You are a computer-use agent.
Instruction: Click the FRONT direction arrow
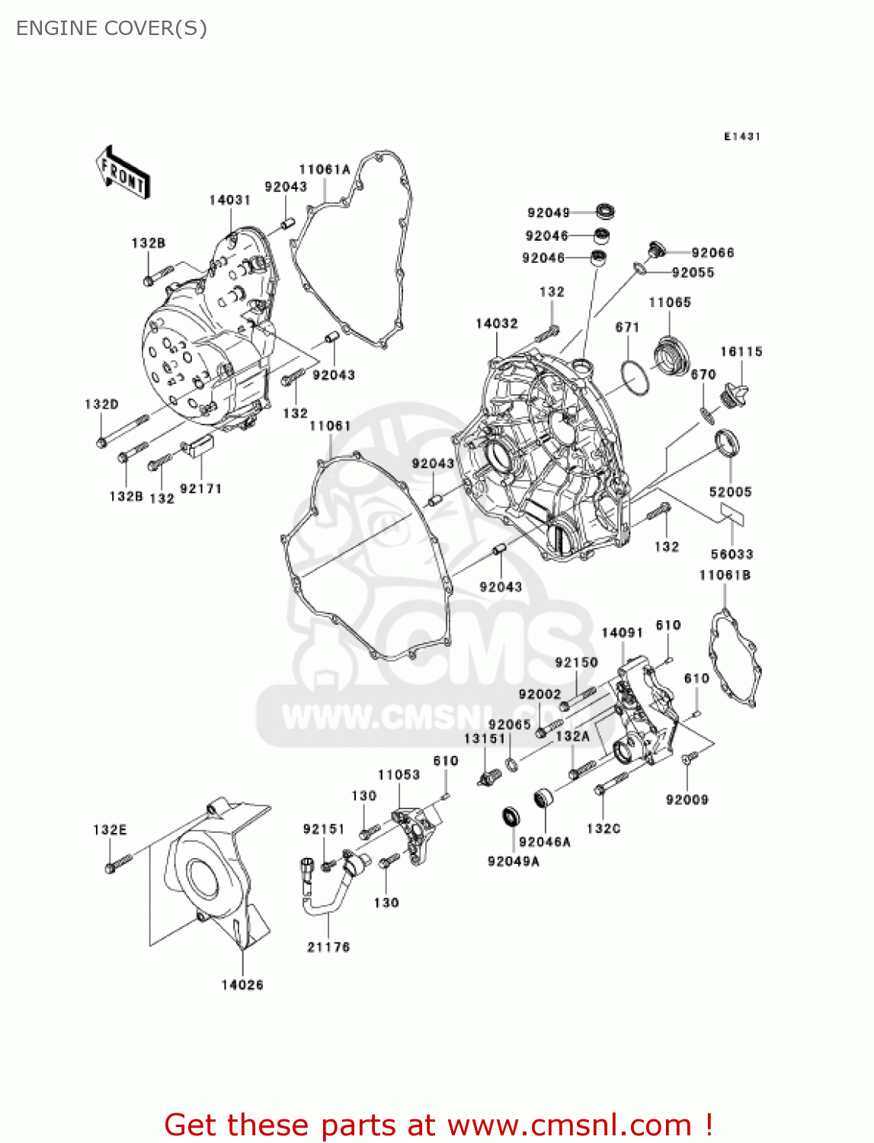[x=123, y=174]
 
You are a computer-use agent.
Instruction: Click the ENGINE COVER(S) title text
[x=111, y=28]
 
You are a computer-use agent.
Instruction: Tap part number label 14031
[x=229, y=200]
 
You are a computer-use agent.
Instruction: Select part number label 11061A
[x=324, y=169]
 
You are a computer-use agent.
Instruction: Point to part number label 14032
[x=496, y=323]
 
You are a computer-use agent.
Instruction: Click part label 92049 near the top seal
[x=548, y=213]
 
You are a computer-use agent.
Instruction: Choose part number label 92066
[x=712, y=252]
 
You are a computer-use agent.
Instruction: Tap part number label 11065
[x=669, y=303]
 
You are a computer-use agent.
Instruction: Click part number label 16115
[x=741, y=351]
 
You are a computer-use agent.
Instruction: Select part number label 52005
[x=730, y=491]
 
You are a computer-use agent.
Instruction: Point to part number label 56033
[x=732, y=554]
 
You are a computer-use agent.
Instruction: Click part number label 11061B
[x=725, y=575]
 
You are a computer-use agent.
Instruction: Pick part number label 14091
[x=622, y=632]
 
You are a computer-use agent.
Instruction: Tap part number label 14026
[x=242, y=985]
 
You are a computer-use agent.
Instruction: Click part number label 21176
[x=328, y=946]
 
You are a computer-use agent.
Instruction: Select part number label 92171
[x=200, y=488]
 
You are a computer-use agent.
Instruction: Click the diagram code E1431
[x=741, y=136]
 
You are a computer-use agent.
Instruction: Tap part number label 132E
[x=110, y=829]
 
